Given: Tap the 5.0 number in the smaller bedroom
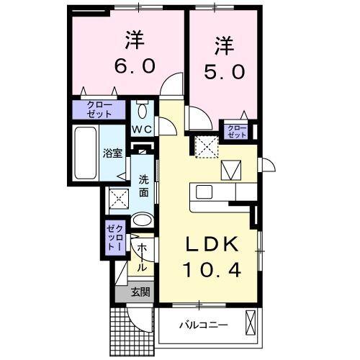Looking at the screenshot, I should point(222,72).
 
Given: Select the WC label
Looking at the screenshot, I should point(141,130).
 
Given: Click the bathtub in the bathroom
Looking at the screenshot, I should point(86,154).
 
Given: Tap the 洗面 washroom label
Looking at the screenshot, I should point(144,186).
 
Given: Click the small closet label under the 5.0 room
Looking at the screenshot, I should point(236,131).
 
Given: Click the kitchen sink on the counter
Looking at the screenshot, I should point(203,192).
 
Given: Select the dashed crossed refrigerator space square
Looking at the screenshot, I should point(207,147).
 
